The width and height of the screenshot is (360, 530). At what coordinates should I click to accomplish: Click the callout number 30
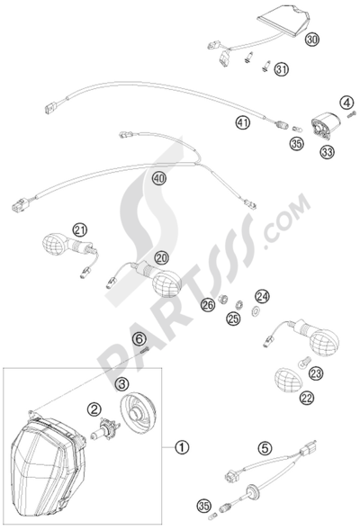pyautogui.click(x=311, y=40)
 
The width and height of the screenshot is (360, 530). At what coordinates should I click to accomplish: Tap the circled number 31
pyautogui.click(x=281, y=69)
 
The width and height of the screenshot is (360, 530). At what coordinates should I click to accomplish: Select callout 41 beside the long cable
pyautogui.click(x=243, y=122)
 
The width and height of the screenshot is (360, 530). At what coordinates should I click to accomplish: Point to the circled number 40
pyautogui.click(x=159, y=178)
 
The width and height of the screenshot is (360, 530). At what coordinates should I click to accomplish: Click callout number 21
pyautogui.click(x=80, y=230)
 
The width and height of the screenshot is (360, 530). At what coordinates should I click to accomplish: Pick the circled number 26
pyautogui.click(x=208, y=305)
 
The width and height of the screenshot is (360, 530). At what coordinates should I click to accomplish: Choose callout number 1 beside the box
pyautogui.click(x=182, y=447)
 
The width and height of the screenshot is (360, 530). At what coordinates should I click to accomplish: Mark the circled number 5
pyautogui.click(x=265, y=448)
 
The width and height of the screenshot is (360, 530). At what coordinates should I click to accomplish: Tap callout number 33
pyautogui.click(x=327, y=151)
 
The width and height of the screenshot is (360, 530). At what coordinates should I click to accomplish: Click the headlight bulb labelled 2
pyautogui.click(x=104, y=427)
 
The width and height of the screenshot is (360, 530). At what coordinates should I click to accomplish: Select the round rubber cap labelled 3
pyautogui.click(x=138, y=413)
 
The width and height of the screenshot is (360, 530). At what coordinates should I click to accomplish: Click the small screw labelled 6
pyautogui.click(x=144, y=351)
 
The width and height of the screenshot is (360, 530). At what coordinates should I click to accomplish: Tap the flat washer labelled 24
pyautogui.click(x=255, y=310)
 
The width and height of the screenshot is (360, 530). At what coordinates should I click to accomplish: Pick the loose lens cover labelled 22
pyautogui.click(x=288, y=380)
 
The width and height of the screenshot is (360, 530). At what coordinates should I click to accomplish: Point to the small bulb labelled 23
pyautogui.click(x=302, y=362)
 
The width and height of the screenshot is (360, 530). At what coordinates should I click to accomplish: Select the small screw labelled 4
pyautogui.click(x=351, y=115)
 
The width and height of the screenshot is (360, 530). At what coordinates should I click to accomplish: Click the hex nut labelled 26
pyautogui.click(x=222, y=299)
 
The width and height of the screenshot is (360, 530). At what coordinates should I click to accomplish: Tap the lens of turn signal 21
pyautogui.click(x=55, y=244)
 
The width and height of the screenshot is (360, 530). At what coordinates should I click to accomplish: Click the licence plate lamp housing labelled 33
pyautogui.click(x=325, y=124)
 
